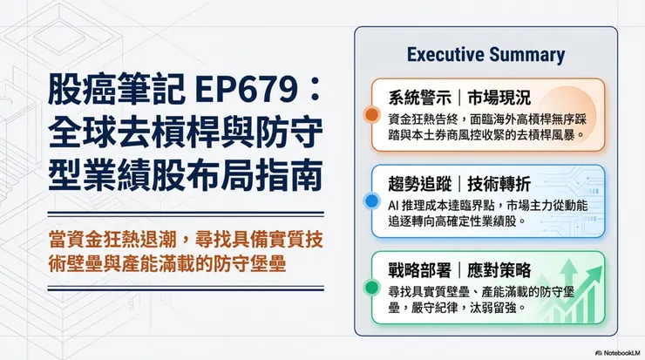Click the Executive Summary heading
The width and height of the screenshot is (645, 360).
point(485,55)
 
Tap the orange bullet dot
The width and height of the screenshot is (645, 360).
point(372,114)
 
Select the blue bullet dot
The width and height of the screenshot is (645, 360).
point(372,201)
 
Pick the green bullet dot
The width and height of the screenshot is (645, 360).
point(372,288)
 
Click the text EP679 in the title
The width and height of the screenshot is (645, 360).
point(245,90)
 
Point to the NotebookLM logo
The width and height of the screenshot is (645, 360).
point(617,353)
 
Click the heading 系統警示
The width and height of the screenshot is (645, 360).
point(419,98)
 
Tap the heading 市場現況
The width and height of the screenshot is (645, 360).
point(499,98)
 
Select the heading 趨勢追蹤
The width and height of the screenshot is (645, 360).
point(419,184)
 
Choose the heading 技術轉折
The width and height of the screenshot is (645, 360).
point(499,184)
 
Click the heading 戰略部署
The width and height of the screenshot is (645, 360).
point(419,270)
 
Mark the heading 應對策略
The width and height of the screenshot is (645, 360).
point(499,270)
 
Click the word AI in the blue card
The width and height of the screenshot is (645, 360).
point(393,206)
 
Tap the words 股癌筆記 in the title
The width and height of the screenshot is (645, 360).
point(117,90)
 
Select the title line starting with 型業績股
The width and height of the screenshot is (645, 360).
point(185,177)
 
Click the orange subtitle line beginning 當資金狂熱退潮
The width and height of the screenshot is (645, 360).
point(186,240)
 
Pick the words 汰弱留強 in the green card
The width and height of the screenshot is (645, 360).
point(493,308)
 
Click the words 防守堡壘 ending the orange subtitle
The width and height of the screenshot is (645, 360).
point(249,264)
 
